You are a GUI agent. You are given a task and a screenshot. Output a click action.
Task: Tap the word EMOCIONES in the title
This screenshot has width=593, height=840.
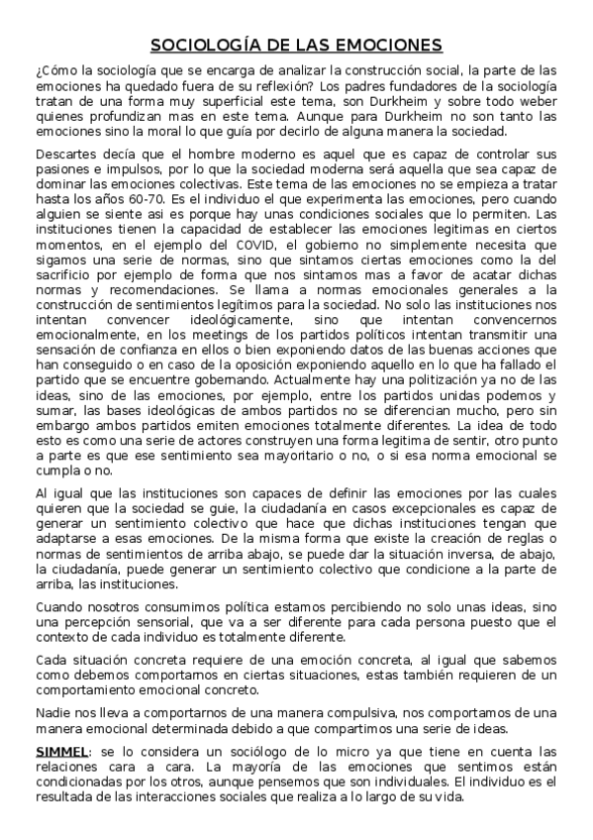point(390,46)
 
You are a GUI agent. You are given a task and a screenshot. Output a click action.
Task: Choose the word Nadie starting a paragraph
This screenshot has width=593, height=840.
point(50,712)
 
